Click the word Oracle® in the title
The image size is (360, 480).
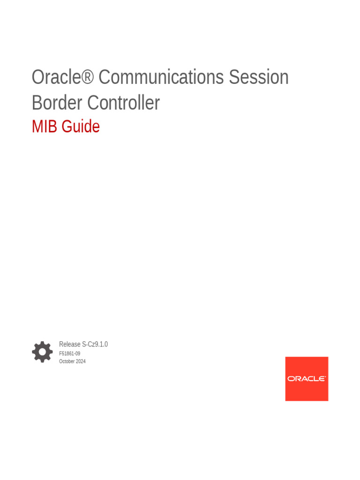pyautogui.click(x=62, y=77)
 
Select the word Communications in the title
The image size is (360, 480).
pyautogui.click(x=161, y=77)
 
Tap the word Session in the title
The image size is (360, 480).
pyautogui.click(x=258, y=77)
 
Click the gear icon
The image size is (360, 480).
pyautogui.click(x=42, y=352)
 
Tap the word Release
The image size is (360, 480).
pyautogui.click(x=70, y=345)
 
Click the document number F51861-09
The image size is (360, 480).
pyautogui.click(x=69, y=353)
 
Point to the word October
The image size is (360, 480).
pyautogui.click(x=67, y=361)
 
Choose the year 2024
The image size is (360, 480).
pyautogui.click(x=81, y=361)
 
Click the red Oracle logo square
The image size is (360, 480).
pyautogui.click(x=307, y=379)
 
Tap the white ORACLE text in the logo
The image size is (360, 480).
pyautogui.click(x=307, y=379)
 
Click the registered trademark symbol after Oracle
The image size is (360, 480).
pyautogui.click(x=88, y=77)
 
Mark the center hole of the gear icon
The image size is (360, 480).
pyautogui.click(x=42, y=352)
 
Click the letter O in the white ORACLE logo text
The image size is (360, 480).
pyautogui.click(x=291, y=379)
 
